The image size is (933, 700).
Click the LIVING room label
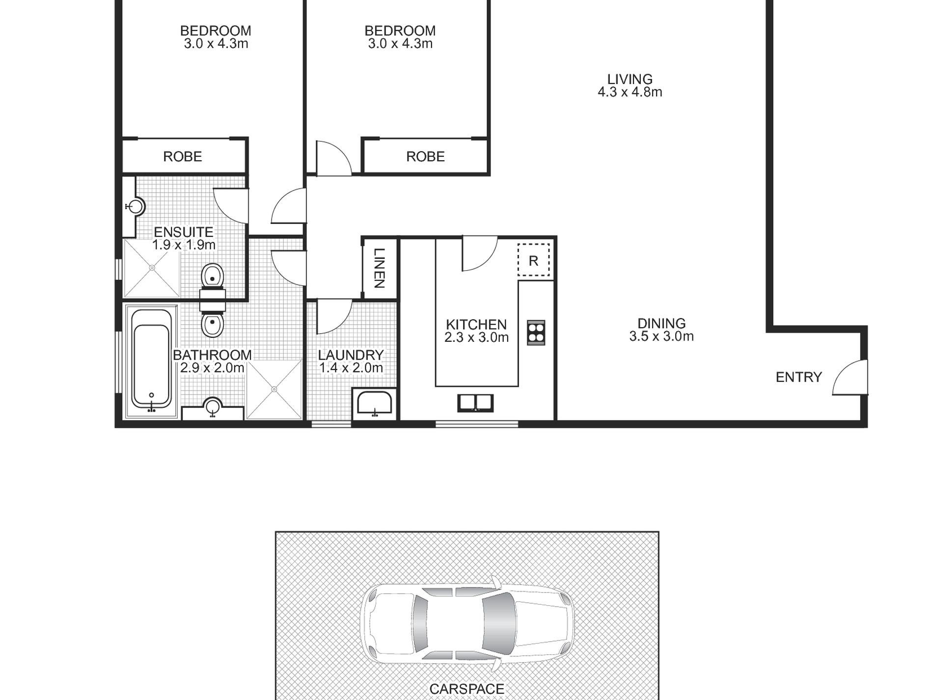point(630,79)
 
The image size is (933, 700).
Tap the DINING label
point(661,323)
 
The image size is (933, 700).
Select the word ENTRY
point(798,377)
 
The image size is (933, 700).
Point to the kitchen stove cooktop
point(536,333)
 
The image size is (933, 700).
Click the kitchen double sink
point(475,403)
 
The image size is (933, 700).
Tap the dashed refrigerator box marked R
point(534,260)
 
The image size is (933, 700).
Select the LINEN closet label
point(379,268)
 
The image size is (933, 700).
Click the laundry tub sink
point(375,404)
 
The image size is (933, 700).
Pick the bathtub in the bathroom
point(152,362)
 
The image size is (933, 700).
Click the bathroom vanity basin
point(213,407)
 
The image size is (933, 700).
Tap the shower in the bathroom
point(274,389)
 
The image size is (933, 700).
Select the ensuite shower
point(152,268)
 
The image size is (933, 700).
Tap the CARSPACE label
point(466,689)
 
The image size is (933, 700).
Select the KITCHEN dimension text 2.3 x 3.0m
point(476,337)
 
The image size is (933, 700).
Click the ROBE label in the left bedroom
point(183,157)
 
